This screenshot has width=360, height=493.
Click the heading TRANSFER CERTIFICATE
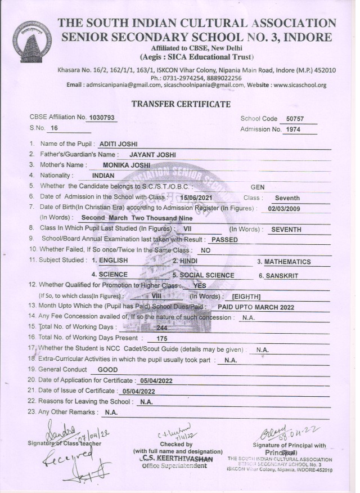coord(181,104)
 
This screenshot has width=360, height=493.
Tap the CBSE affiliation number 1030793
coord(102,118)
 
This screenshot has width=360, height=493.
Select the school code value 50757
coord(295,119)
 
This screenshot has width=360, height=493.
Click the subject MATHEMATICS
coord(287,262)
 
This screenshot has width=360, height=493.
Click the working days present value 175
coord(163,339)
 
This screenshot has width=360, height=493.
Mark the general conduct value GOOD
coord(107,370)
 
